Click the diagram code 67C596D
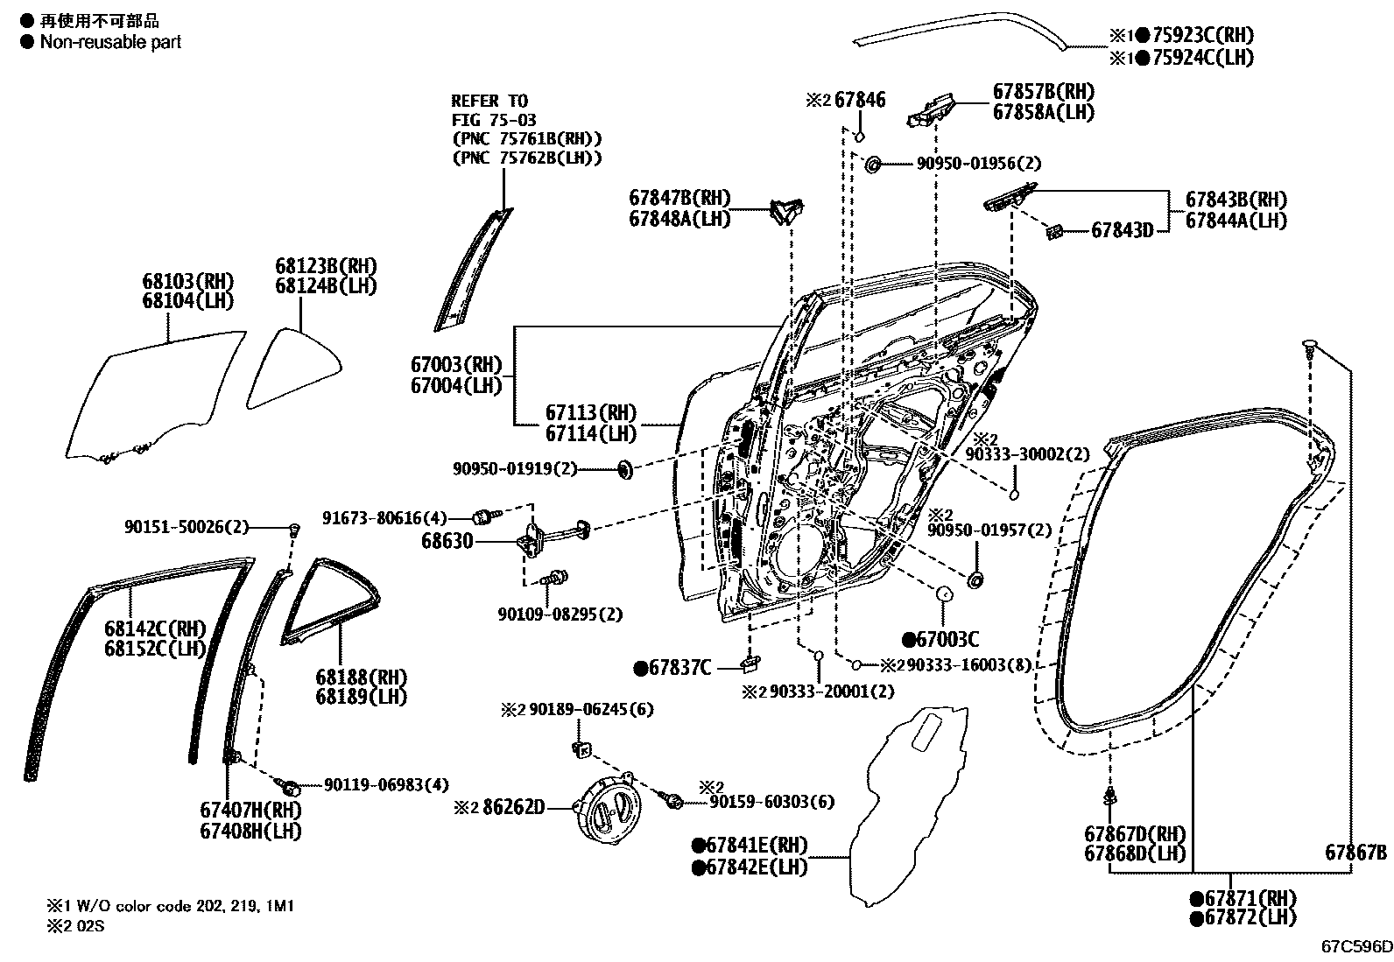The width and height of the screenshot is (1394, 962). coord(1355,946)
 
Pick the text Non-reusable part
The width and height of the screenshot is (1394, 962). coord(110,41)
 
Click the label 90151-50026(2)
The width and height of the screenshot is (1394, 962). coord(186,527)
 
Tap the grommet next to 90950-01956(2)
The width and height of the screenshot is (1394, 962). coord(872,164)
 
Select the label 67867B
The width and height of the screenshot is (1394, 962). coord(1355,853)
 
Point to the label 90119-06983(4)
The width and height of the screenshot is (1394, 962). coord(386,785)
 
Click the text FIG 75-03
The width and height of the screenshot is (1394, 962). coord(494,120)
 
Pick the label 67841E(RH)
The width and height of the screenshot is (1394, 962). coord(757,846)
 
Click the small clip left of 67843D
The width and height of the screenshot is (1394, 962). coord(1054,231)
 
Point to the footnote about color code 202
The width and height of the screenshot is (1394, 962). coord(170,906)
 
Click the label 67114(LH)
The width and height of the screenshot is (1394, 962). coord(591,433)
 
